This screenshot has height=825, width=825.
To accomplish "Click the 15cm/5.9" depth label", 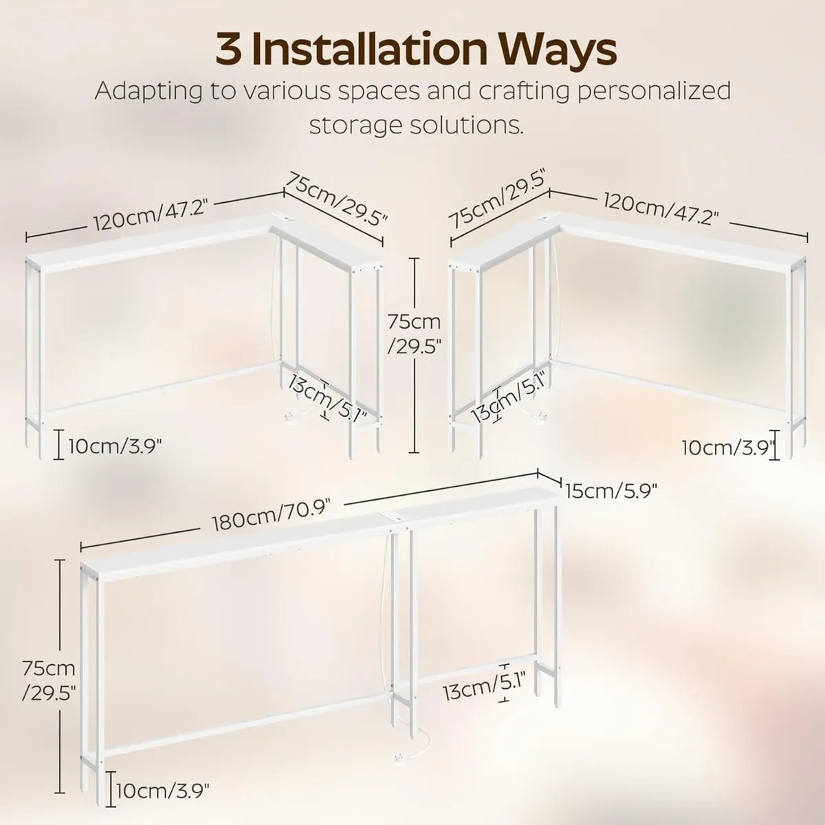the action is click(611, 491).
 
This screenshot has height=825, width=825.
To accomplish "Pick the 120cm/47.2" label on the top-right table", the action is click(661, 209).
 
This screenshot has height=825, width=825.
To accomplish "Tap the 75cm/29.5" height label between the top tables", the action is click(414, 333).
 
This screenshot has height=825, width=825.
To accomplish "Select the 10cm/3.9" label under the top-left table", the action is click(115, 447).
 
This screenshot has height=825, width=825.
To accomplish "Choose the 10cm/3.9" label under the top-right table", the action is click(728, 448).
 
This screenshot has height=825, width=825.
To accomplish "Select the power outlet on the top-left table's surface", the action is click(286, 219).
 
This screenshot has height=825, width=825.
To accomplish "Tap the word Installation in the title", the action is click(369, 50).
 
